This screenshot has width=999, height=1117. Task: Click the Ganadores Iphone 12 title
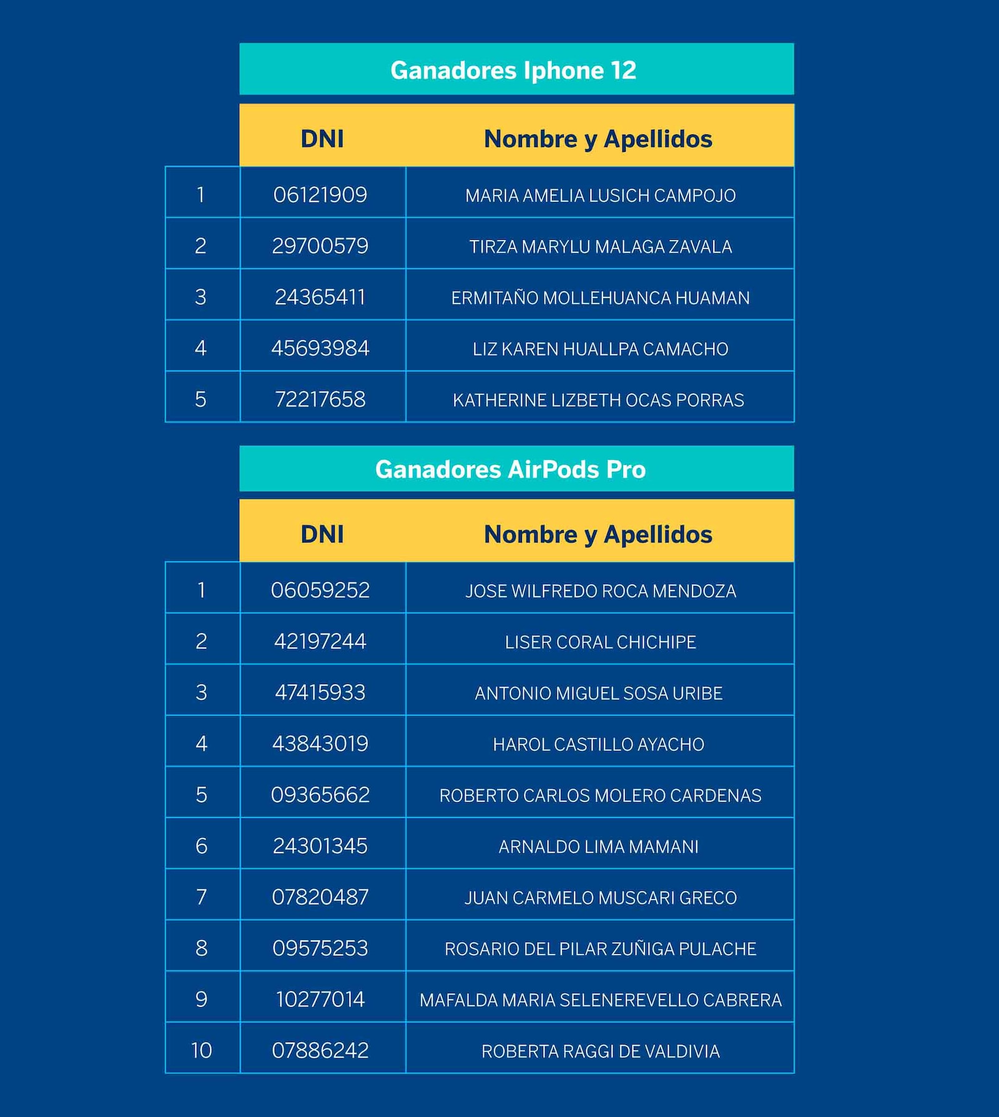coord(513,70)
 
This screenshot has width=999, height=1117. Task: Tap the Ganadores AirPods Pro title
coord(510,469)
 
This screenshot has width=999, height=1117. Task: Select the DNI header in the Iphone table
coord(322,139)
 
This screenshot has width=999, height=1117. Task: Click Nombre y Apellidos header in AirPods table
coord(598,535)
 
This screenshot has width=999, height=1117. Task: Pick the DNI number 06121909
coord(320,195)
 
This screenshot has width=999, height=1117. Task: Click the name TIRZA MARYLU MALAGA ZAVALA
coord(600,247)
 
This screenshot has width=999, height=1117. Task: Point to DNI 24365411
coord(320,297)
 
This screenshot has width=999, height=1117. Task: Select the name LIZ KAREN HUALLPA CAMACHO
coord(600,349)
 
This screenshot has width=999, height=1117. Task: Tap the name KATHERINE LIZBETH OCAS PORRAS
coord(598,400)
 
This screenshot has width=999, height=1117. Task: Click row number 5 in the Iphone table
coord(200,399)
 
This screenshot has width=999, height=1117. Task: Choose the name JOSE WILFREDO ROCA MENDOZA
coord(600,591)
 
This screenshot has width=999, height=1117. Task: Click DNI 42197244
coord(320,642)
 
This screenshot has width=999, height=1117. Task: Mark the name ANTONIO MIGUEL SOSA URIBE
coord(598,693)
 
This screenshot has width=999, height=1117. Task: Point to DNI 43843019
coord(320,744)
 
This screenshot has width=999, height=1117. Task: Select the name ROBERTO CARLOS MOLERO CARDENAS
coord(600,795)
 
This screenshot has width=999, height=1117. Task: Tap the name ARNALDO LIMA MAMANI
coord(598,846)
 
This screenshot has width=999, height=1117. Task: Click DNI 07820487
coord(320,898)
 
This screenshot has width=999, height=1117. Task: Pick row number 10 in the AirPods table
coord(201,1051)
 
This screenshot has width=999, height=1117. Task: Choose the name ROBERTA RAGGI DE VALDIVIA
coord(600,1051)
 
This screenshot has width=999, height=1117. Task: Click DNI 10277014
coord(320,1000)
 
